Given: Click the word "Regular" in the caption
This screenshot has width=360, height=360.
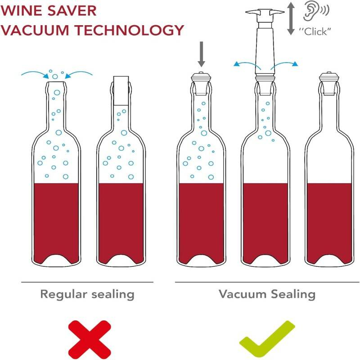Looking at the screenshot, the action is coord(63,295).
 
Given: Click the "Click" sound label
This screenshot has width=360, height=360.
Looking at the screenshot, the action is coord(315,31).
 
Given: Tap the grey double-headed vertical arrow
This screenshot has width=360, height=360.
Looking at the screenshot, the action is coord(291,18).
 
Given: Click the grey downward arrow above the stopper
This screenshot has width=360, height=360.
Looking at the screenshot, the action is coord(201,54).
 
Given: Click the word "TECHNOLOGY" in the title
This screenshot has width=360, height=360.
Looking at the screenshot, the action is coord(130,30).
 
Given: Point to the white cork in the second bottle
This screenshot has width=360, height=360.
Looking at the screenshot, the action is coord(121,91).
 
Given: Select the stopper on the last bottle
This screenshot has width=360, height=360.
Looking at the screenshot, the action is coord(329,83).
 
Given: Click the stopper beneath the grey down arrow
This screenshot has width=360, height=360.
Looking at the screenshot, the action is coord(201,83).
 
